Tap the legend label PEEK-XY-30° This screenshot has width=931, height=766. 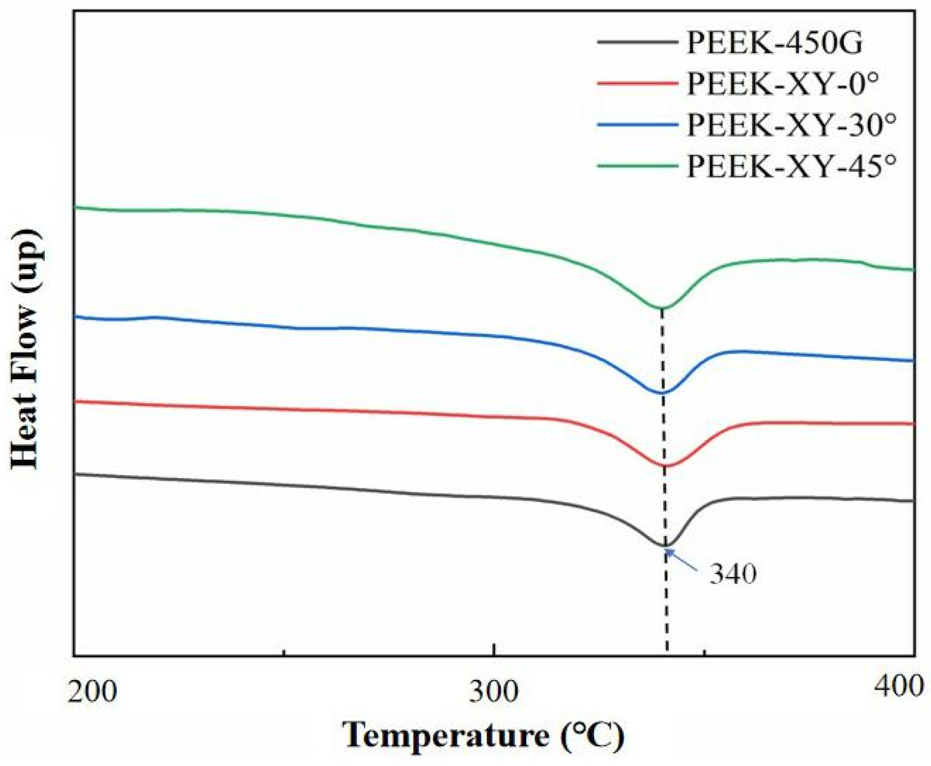point(792,125)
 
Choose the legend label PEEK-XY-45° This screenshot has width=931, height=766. point(792,167)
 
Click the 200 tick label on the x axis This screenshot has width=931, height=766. point(92,691)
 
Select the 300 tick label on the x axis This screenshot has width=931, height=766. point(494,691)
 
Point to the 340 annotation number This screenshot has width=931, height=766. point(733,574)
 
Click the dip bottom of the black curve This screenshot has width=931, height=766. point(665,546)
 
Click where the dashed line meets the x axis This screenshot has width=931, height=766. point(667,655)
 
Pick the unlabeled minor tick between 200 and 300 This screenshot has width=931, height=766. point(284,653)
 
